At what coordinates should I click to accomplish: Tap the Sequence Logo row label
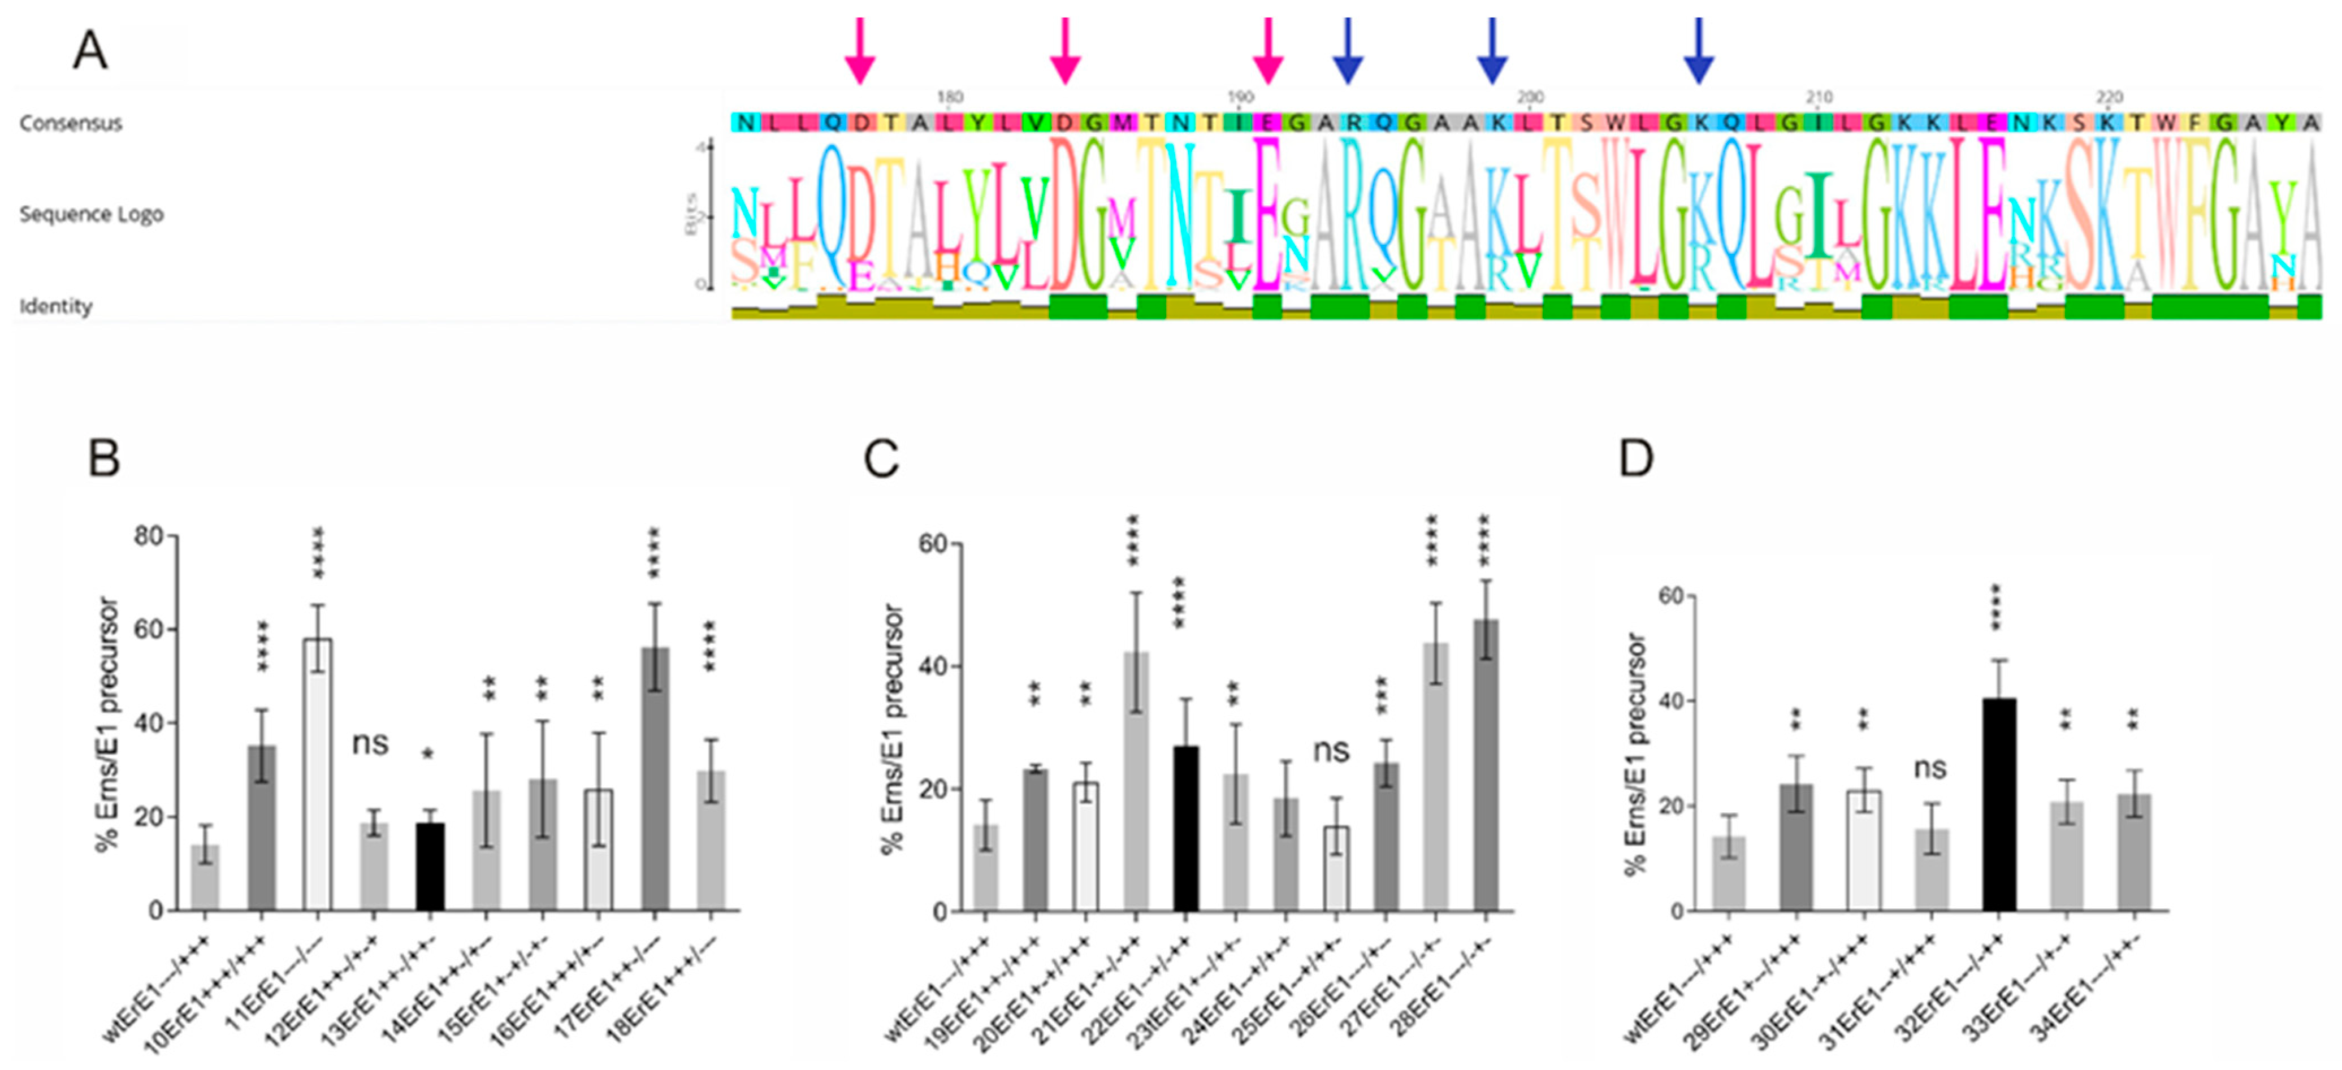tap(91, 215)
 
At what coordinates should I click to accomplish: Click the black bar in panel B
tap(430, 867)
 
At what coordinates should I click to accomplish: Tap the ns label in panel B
tap(370, 744)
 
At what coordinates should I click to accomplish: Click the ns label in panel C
tap(1332, 751)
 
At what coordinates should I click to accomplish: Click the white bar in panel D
tap(1864, 850)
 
